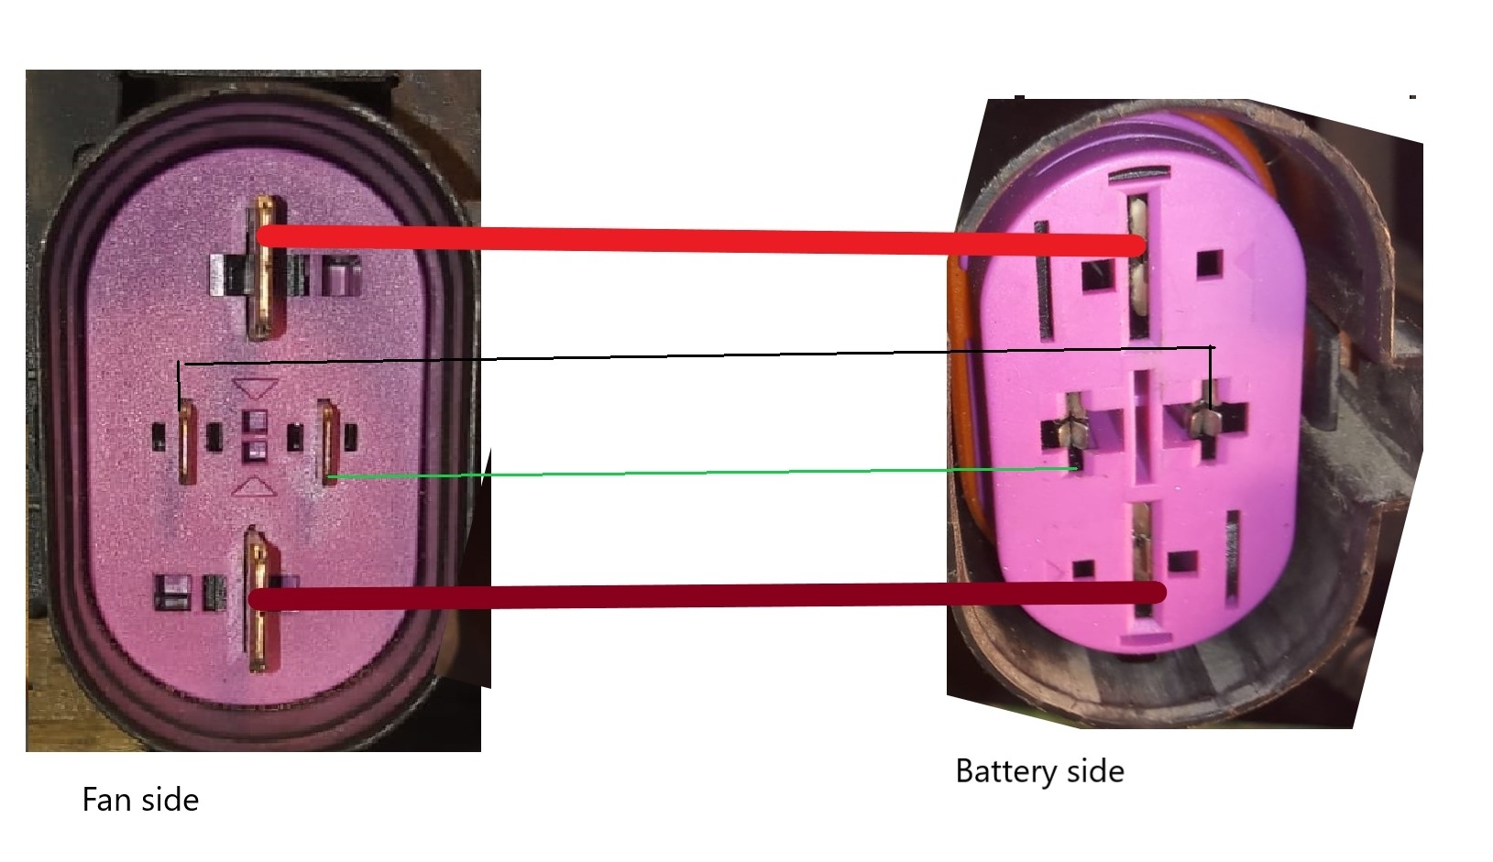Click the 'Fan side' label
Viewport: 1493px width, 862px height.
pos(140,800)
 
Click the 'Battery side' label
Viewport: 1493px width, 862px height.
pos(1039,771)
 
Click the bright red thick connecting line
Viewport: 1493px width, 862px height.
pos(697,240)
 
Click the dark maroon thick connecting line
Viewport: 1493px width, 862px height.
pos(697,596)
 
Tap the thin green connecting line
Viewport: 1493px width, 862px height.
pos(697,473)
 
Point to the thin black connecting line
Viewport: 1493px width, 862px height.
pos(697,355)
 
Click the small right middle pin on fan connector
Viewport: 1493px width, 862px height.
pos(329,440)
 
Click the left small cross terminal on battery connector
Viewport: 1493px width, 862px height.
pos(1071,429)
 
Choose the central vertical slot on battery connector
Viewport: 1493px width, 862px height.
pos(1142,426)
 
